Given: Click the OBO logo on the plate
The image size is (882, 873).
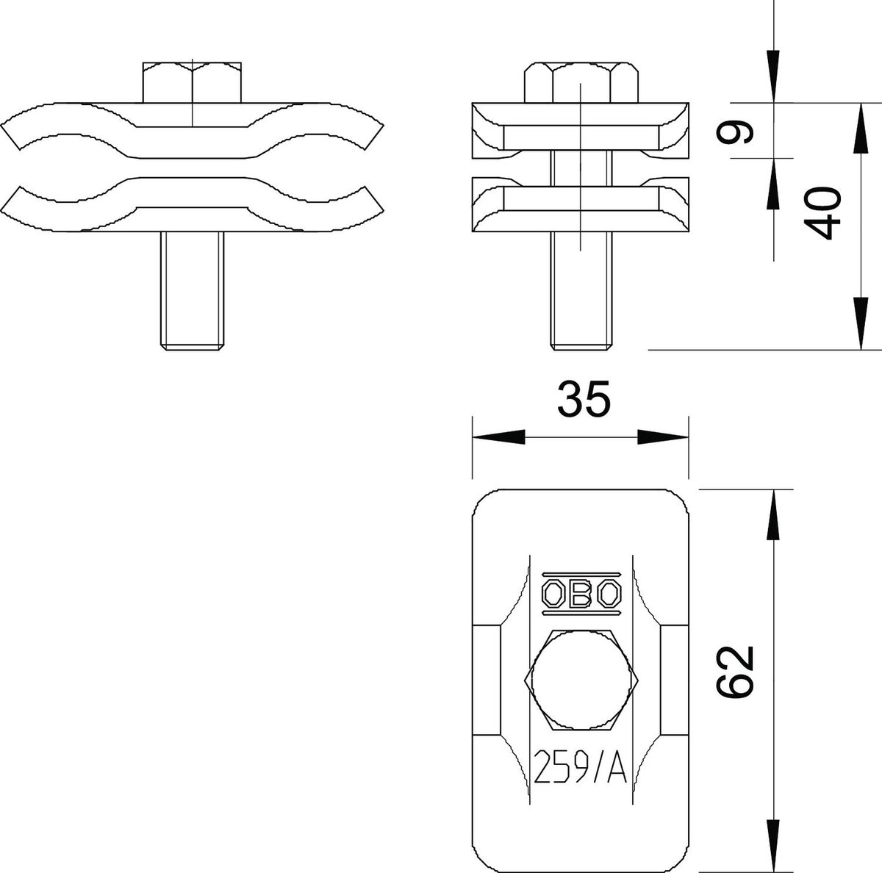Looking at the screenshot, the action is pos(581,594).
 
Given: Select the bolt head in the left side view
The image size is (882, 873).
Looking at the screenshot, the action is pos(193,82).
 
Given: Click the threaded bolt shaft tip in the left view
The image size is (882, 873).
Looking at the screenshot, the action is pos(193,346).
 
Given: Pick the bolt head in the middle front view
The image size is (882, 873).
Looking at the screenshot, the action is pos(581,82).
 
